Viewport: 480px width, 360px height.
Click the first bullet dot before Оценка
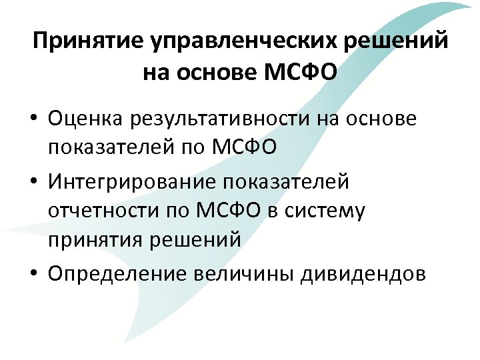[x=32, y=120]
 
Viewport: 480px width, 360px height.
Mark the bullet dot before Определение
[x=32, y=274]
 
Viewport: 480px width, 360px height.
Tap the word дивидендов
[x=370, y=273]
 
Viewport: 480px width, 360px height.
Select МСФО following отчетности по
[x=227, y=212]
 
